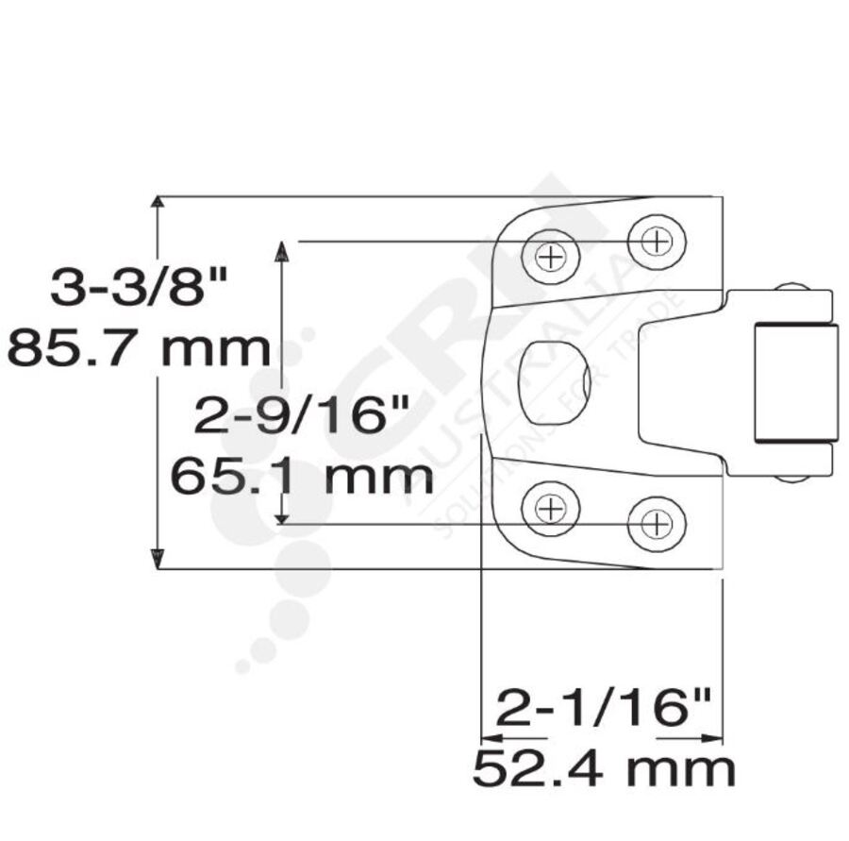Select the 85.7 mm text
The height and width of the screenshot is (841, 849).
[x=140, y=348]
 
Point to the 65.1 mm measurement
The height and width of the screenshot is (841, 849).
[x=301, y=477]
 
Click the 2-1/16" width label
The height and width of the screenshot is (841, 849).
[x=603, y=708]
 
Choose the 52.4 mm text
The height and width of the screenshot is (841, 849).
[x=603, y=769]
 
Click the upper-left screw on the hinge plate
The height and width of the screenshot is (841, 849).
[x=551, y=255]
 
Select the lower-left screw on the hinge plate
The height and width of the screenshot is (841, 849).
[x=550, y=508]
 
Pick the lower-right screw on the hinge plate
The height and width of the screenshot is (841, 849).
[x=657, y=522]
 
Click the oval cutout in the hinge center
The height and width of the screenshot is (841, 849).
[x=555, y=382]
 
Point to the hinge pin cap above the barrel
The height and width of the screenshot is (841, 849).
[x=791, y=287]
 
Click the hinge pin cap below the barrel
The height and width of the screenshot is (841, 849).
[x=791, y=478]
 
